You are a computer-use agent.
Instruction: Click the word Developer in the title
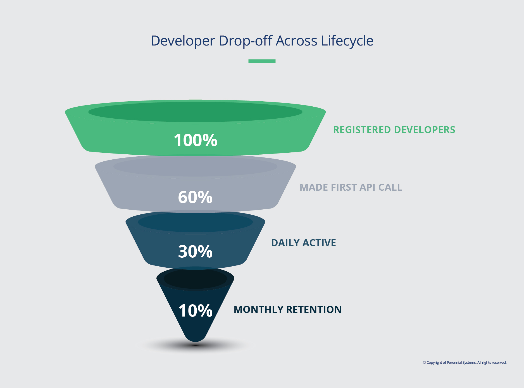pyautogui.click(x=183, y=41)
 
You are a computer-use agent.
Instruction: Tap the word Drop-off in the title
pyautogui.click(x=245, y=41)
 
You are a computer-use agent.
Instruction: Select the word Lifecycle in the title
pyautogui.click(x=347, y=41)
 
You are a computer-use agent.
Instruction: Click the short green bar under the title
pyautogui.click(x=262, y=61)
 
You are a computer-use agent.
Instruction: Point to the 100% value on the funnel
pyautogui.click(x=195, y=140)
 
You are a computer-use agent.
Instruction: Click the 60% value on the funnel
pyautogui.click(x=195, y=197)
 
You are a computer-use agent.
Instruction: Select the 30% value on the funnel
pyautogui.click(x=195, y=252)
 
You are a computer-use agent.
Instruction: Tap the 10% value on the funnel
pyautogui.click(x=195, y=310)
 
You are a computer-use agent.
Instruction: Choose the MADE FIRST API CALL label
pyautogui.click(x=351, y=187)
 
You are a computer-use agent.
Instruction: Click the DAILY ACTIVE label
pyautogui.click(x=303, y=243)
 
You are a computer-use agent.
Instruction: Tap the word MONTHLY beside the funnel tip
pyautogui.click(x=258, y=310)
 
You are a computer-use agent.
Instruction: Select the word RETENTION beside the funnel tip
pyautogui.click(x=314, y=310)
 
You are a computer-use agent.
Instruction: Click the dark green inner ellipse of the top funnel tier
pyautogui.click(x=195, y=112)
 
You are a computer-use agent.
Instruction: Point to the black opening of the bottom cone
pyautogui.click(x=195, y=279)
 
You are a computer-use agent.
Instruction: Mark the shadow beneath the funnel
pyautogui.click(x=196, y=346)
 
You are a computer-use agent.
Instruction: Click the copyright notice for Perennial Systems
pyautogui.click(x=465, y=363)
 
